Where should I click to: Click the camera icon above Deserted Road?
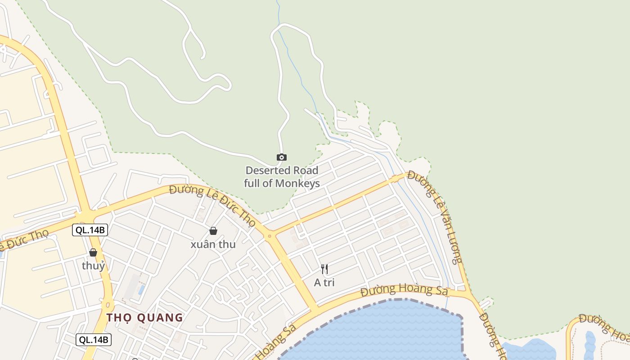point(281,157)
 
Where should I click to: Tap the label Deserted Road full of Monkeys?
point(282,177)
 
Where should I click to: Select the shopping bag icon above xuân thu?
point(213,231)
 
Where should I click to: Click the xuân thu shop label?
point(213,244)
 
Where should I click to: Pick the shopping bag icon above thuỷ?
point(93,252)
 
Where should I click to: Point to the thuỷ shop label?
point(94,265)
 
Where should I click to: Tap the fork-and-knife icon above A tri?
point(324,269)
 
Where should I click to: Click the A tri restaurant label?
point(324,283)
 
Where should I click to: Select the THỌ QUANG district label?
point(145,317)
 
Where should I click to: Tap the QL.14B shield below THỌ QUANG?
point(93,340)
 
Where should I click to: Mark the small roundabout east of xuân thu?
point(270,236)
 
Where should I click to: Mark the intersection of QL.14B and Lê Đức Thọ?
point(86,215)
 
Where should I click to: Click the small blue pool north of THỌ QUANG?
point(141,289)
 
